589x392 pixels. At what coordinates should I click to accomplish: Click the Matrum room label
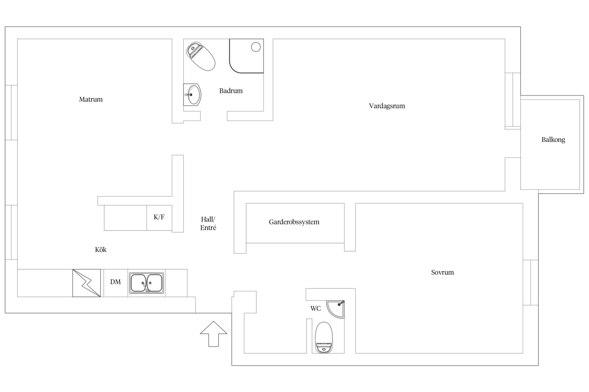tap(91, 99)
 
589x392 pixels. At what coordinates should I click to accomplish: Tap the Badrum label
tap(231, 91)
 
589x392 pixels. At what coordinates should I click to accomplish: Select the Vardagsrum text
tap(387, 106)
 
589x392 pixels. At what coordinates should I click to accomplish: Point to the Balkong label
tap(553, 139)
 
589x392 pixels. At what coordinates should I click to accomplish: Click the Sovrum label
tap(442, 272)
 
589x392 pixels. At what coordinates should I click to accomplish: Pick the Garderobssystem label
tap(294, 222)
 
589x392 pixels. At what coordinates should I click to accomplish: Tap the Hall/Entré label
tap(208, 224)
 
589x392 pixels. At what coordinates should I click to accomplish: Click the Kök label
tap(101, 249)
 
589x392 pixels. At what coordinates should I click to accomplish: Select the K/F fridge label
tap(159, 217)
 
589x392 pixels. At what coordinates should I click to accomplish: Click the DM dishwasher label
tap(115, 282)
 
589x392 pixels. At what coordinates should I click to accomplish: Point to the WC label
tap(316, 308)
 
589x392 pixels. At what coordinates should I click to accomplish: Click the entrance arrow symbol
tap(213, 334)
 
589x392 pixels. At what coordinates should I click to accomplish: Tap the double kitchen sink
tap(147, 283)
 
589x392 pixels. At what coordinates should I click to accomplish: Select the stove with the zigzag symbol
tap(87, 283)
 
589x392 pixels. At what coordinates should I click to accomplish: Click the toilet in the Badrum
tap(201, 56)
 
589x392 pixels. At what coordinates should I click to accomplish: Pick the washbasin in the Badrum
tap(192, 94)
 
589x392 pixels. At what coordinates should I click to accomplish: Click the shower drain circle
tap(256, 47)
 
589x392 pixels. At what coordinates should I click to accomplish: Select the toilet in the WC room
tap(324, 338)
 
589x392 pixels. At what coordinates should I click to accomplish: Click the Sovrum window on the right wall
tap(530, 282)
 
